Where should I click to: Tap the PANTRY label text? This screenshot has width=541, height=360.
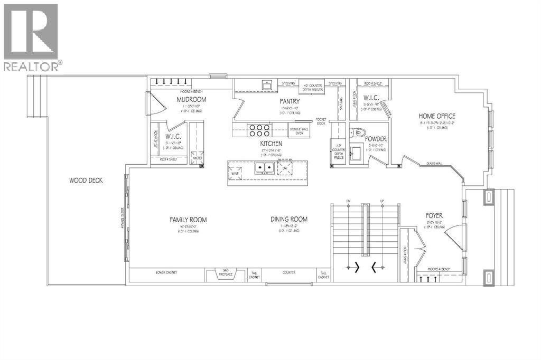(290, 101)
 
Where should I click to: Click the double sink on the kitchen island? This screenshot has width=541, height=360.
(264, 168)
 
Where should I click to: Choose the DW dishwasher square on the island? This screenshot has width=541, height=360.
(285, 168)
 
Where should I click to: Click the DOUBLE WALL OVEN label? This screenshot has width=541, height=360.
(299, 130)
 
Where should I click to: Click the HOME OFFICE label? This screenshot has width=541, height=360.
(437, 116)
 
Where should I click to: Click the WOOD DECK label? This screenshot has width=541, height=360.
(86, 181)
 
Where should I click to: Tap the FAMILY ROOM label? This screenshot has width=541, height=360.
(188, 220)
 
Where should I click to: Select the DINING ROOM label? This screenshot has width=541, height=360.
(288, 220)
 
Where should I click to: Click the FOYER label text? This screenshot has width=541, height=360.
(434, 216)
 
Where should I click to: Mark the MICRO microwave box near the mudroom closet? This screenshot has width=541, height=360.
(197, 158)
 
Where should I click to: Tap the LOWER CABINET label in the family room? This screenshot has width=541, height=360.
(166, 273)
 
